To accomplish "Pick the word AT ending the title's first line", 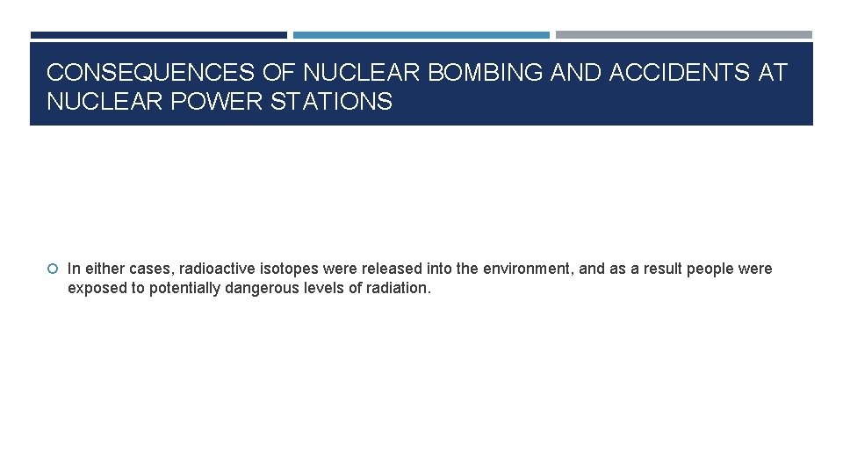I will click(773, 73).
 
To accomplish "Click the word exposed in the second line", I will click(95, 288).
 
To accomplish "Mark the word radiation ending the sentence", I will click(399, 288).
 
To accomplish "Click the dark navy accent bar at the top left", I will click(158, 35).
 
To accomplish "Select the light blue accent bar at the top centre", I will click(421, 35).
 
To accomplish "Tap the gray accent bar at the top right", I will click(683, 35).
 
